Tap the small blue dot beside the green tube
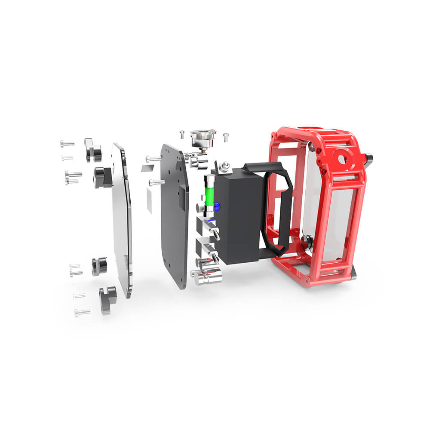click(218, 206)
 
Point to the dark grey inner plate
click(174, 215)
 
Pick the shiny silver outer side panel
click(122, 219)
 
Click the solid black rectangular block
click(239, 215)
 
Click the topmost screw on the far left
click(67, 144)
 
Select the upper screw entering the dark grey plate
click(154, 159)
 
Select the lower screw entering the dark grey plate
click(157, 182)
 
